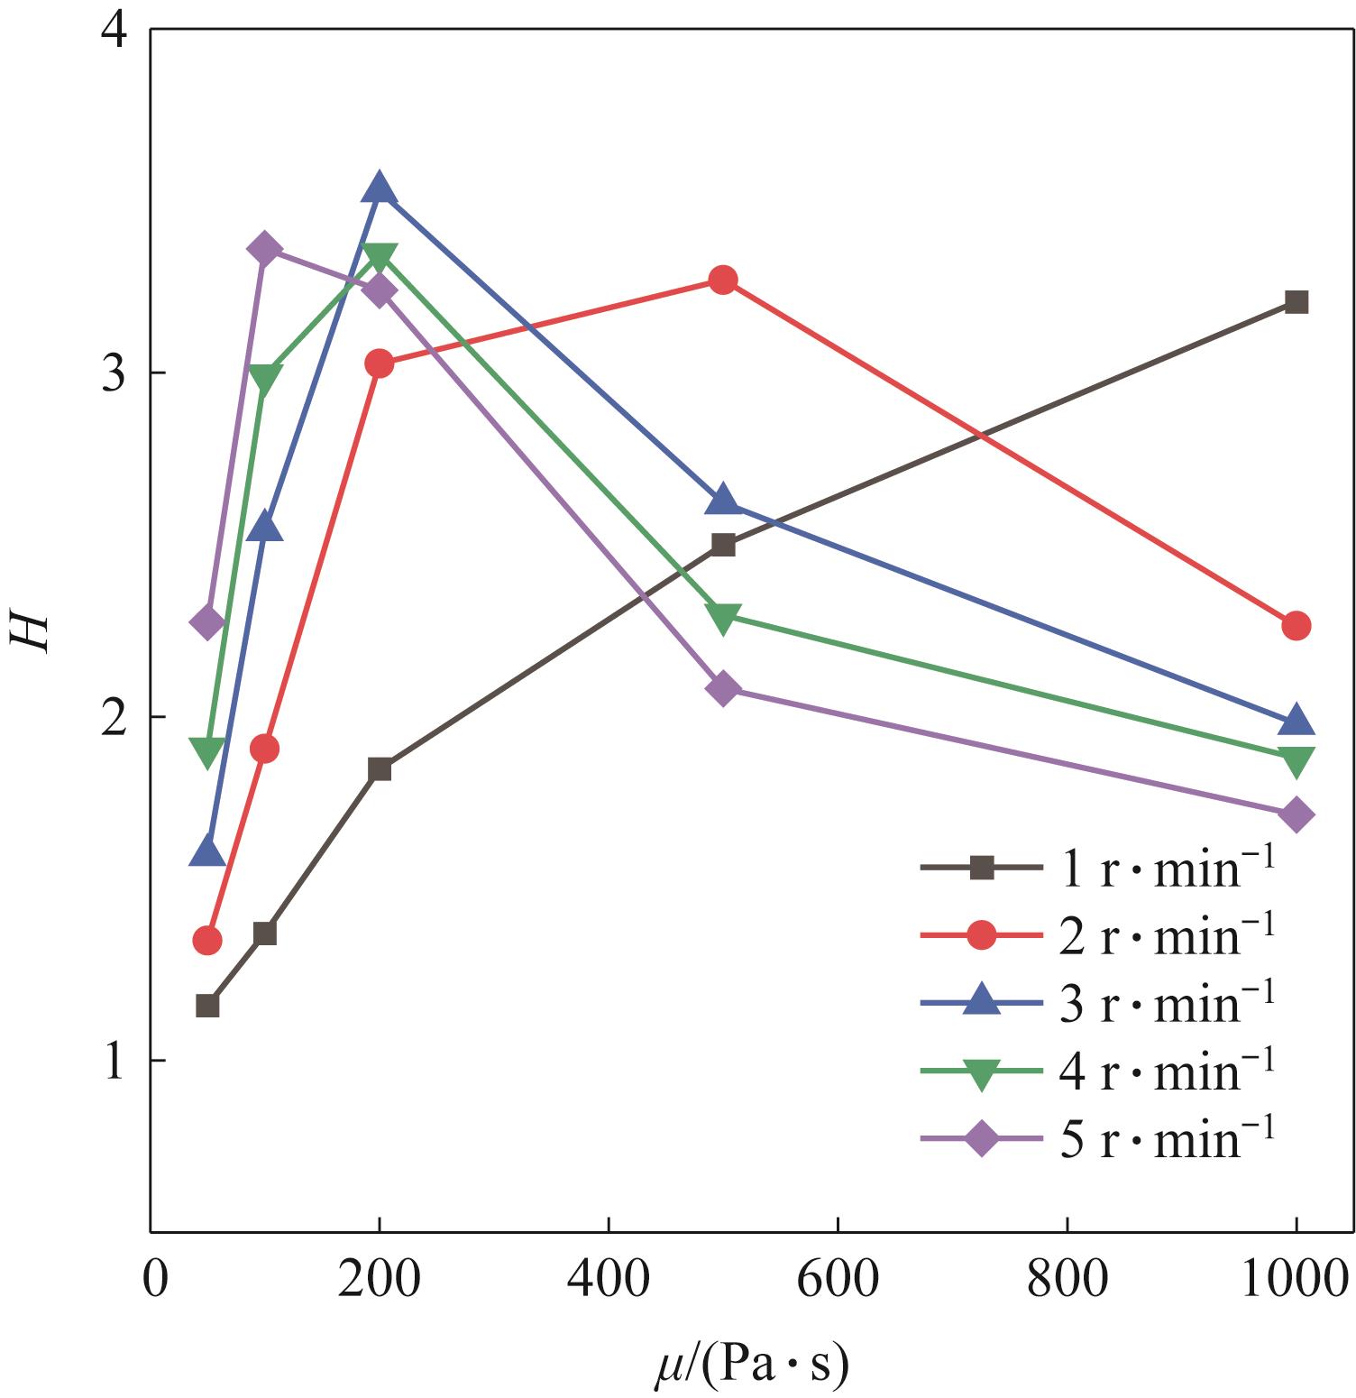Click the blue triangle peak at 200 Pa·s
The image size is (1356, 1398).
[x=380, y=188]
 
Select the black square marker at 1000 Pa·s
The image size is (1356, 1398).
[x=1296, y=301]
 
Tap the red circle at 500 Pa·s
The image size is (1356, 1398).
[x=723, y=281]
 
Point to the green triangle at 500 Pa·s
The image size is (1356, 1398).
[x=723, y=619]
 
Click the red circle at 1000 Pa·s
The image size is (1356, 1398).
[x=1296, y=625]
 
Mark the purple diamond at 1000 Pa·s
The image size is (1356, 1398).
[x=1296, y=815]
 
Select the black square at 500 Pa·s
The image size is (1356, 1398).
[x=723, y=545]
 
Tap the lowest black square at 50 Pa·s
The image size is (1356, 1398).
[x=207, y=1005]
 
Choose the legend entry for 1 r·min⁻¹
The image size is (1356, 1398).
[x=1096, y=869]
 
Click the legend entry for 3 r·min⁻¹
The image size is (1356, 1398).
[x=1096, y=1004]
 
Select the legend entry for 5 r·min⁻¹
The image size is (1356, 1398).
[x=1096, y=1139]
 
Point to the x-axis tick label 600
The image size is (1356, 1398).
[x=838, y=1279]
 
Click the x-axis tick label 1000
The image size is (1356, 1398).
[x=1296, y=1279]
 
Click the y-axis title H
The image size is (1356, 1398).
[x=29, y=631]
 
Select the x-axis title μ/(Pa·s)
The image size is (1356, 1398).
[x=751, y=1366]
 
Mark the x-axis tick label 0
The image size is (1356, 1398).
[x=156, y=1279]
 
